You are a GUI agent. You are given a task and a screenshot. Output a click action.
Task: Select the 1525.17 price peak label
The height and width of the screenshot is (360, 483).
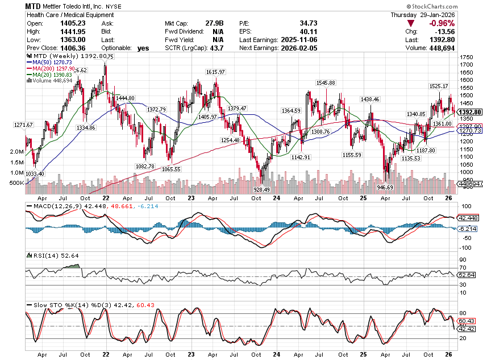(439, 86)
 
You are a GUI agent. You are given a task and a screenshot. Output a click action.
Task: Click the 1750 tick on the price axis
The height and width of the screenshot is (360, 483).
(467, 57)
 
